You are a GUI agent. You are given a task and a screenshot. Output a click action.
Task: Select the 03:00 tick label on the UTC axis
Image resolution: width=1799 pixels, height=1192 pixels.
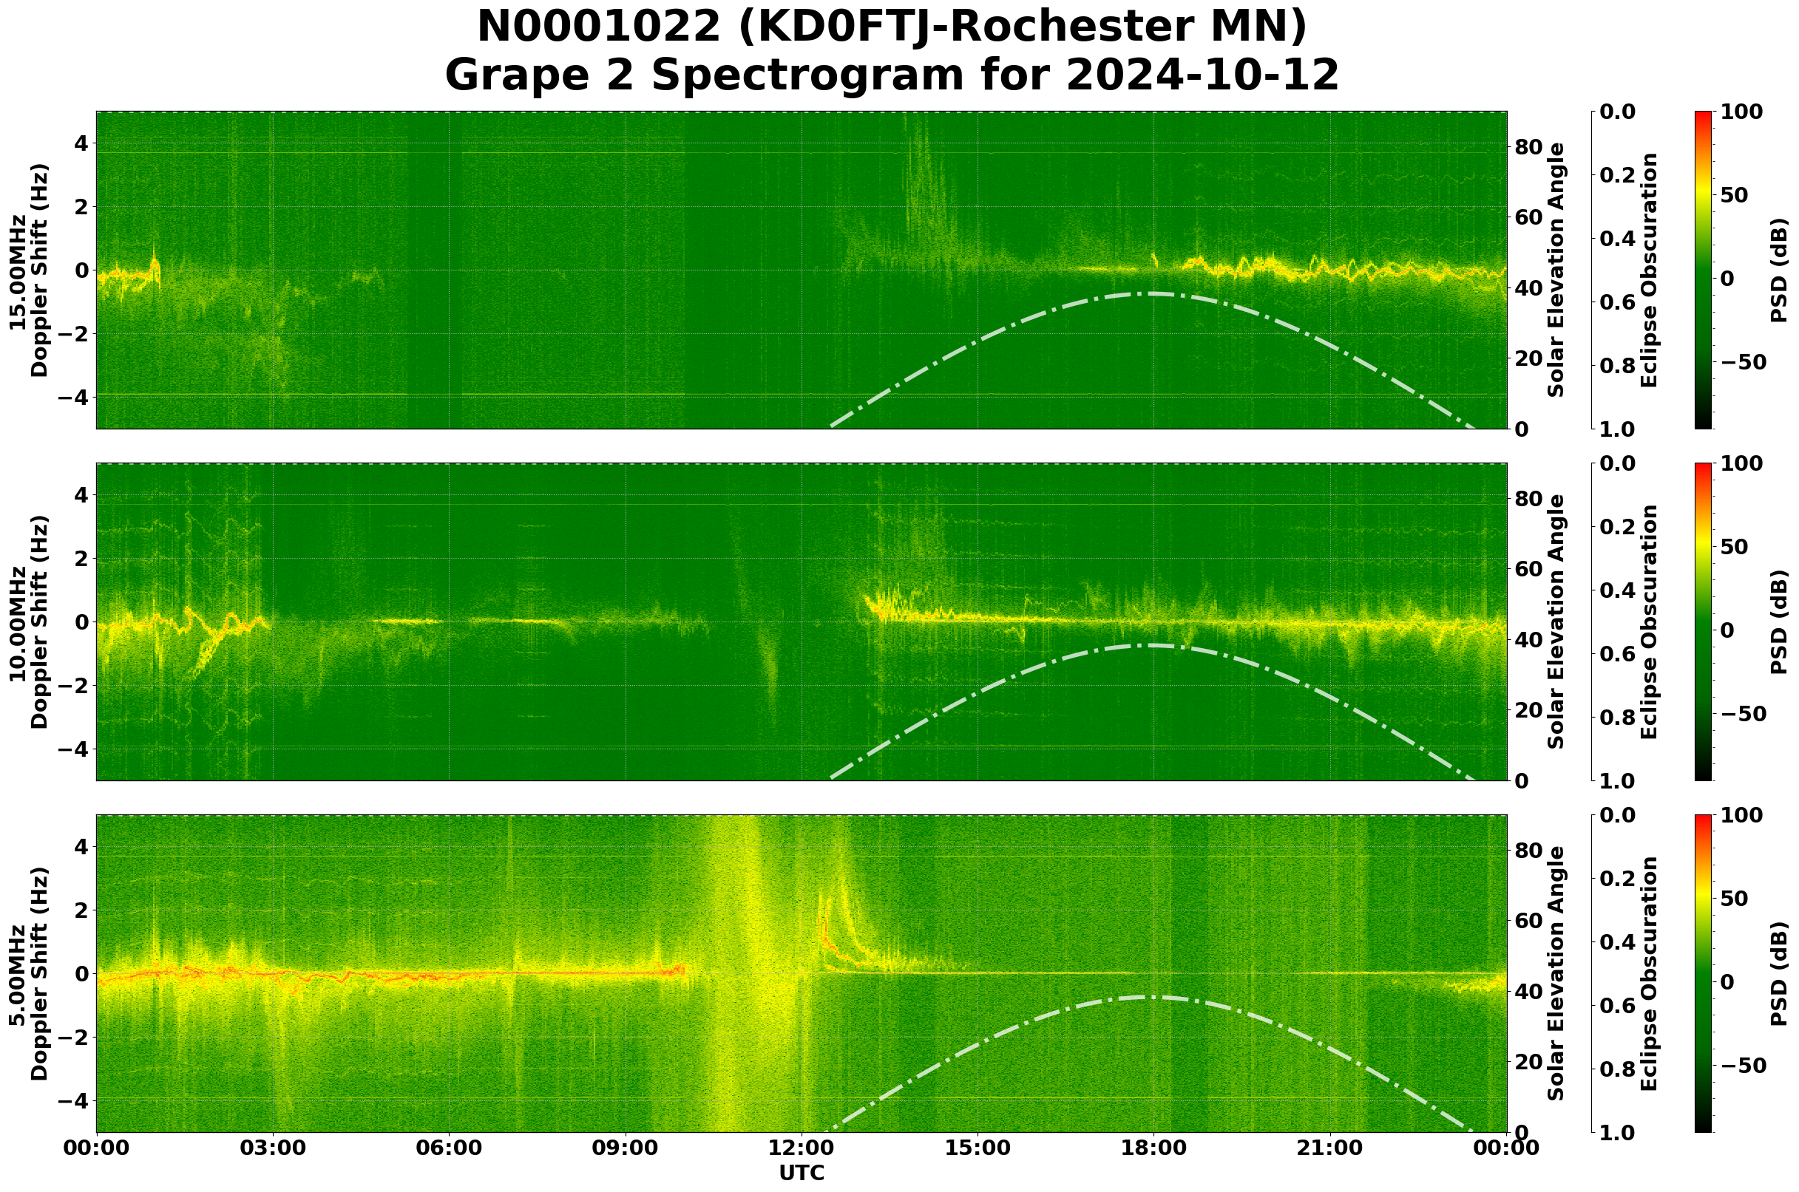272,1148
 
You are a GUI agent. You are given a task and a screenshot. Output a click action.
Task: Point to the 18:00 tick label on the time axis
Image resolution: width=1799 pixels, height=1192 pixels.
1154,1148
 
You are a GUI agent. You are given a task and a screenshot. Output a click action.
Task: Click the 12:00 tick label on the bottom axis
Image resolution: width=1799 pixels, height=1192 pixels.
802,1148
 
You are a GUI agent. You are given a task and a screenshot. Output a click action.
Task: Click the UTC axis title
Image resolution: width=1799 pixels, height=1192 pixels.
802,1173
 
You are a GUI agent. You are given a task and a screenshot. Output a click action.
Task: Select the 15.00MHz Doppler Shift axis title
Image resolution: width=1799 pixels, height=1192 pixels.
29,270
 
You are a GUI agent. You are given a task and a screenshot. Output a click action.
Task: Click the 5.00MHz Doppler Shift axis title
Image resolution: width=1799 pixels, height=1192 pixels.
29,974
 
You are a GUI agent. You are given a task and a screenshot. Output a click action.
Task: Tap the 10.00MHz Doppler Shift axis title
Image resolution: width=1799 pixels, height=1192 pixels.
29,621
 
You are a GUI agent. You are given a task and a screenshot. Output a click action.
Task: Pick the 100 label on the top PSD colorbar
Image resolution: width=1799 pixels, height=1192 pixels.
1741,112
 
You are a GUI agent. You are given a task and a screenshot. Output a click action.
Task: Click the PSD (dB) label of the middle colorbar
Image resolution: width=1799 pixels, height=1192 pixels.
1778,621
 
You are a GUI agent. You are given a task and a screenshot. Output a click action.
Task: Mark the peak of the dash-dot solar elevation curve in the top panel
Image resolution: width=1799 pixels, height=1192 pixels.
1154,293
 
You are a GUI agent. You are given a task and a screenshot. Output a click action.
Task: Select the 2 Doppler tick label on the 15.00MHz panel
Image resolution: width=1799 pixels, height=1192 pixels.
81,207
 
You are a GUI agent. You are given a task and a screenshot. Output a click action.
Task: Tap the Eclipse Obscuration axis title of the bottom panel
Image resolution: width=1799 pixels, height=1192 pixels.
1648,974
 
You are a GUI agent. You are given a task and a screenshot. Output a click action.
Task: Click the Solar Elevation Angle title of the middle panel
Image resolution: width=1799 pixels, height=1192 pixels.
1556,621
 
